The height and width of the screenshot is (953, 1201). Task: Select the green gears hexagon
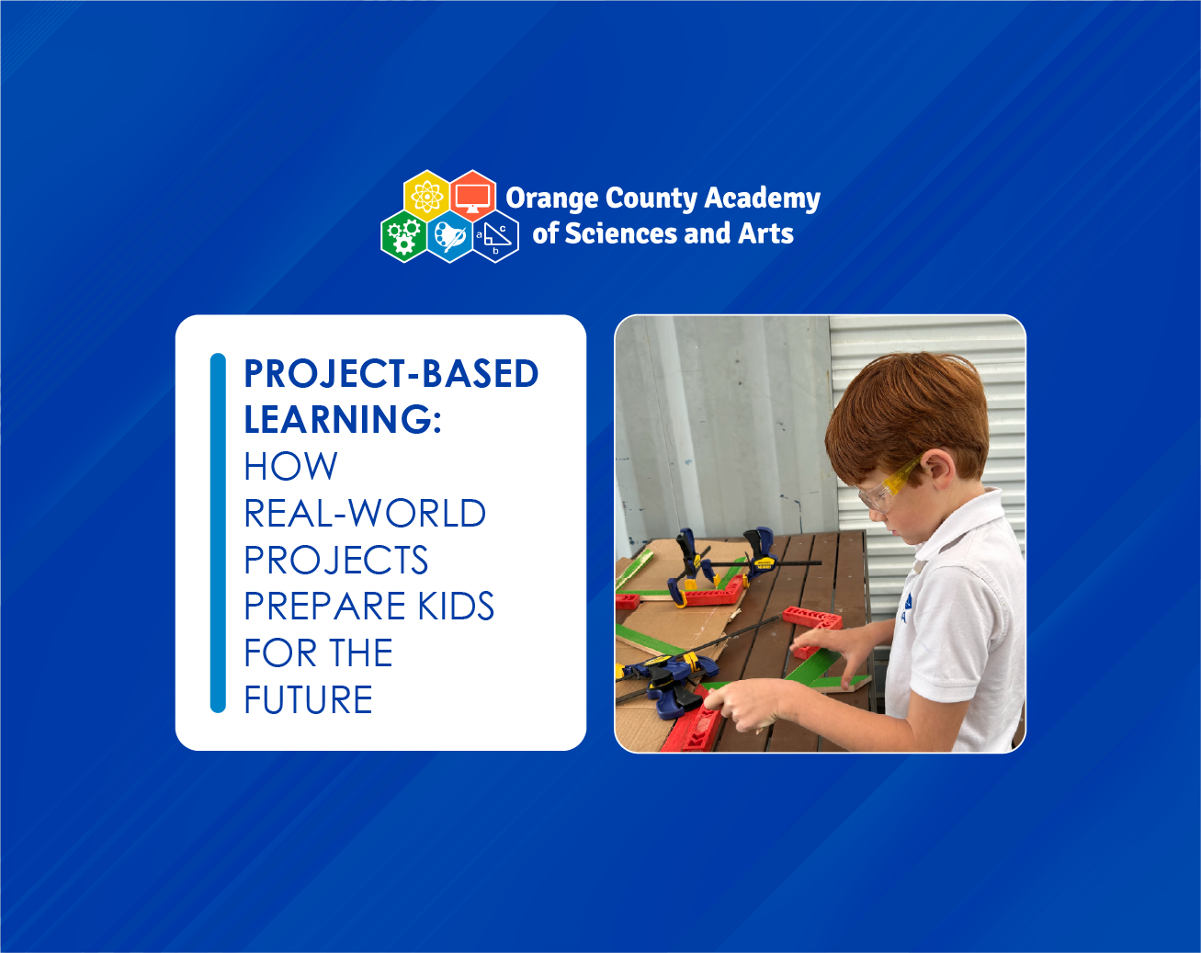pyautogui.click(x=404, y=236)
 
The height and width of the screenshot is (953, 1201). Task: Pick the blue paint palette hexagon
pyautogui.click(x=450, y=236)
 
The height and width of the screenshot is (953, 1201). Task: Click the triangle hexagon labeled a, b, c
pyautogui.click(x=495, y=236)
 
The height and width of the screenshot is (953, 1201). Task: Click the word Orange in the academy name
pyautogui.click(x=551, y=199)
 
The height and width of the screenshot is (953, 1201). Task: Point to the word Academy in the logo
pyautogui.click(x=763, y=199)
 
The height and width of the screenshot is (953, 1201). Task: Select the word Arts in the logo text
pyautogui.click(x=765, y=233)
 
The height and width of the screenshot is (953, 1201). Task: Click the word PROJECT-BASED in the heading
pyautogui.click(x=391, y=373)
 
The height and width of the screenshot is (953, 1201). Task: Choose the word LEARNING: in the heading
pyautogui.click(x=343, y=419)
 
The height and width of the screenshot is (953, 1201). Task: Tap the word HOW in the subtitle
pyautogui.click(x=290, y=466)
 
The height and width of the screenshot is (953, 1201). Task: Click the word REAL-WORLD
pyautogui.click(x=365, y=513)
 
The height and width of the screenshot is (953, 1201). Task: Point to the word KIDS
pyautogui.click(x=456, y=606)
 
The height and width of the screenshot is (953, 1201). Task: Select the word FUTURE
pyautogui.click(x=308, y=699)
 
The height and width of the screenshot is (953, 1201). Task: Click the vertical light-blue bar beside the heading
pyautogui.click(x=218, y=533)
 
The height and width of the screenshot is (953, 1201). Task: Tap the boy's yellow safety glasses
pyautogui.click(x=888, y=484)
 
